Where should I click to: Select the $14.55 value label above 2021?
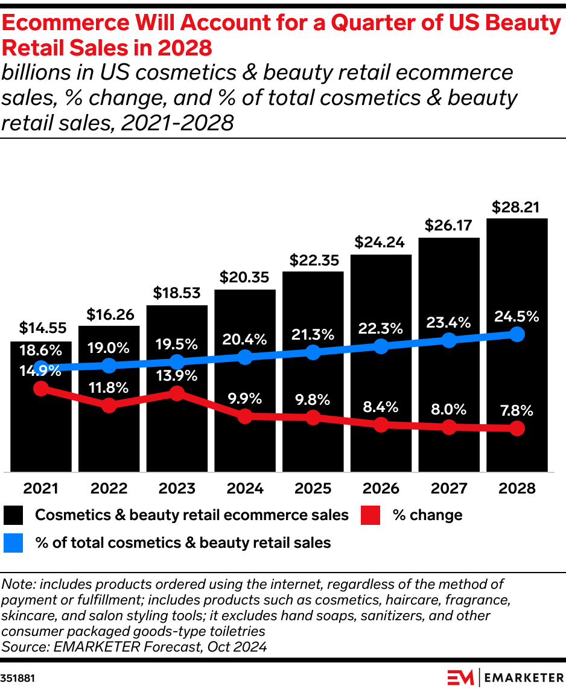[x=40, y=328]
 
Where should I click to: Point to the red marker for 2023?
[x=177, y=393]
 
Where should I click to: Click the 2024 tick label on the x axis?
[x=244, y=488]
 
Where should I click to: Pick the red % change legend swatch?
[x=370, y=515]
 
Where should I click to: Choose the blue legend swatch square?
[x=13, y=543]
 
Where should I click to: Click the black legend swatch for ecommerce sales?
[x=13, y=515]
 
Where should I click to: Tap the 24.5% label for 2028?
[x=517, y=316]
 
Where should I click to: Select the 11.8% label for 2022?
[x=109, y=387]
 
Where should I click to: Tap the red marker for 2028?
[x=517, y=429]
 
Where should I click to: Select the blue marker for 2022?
[x=109, y=365]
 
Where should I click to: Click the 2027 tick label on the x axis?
[x=449, y=488]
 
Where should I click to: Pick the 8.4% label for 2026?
[x=381, y=406]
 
